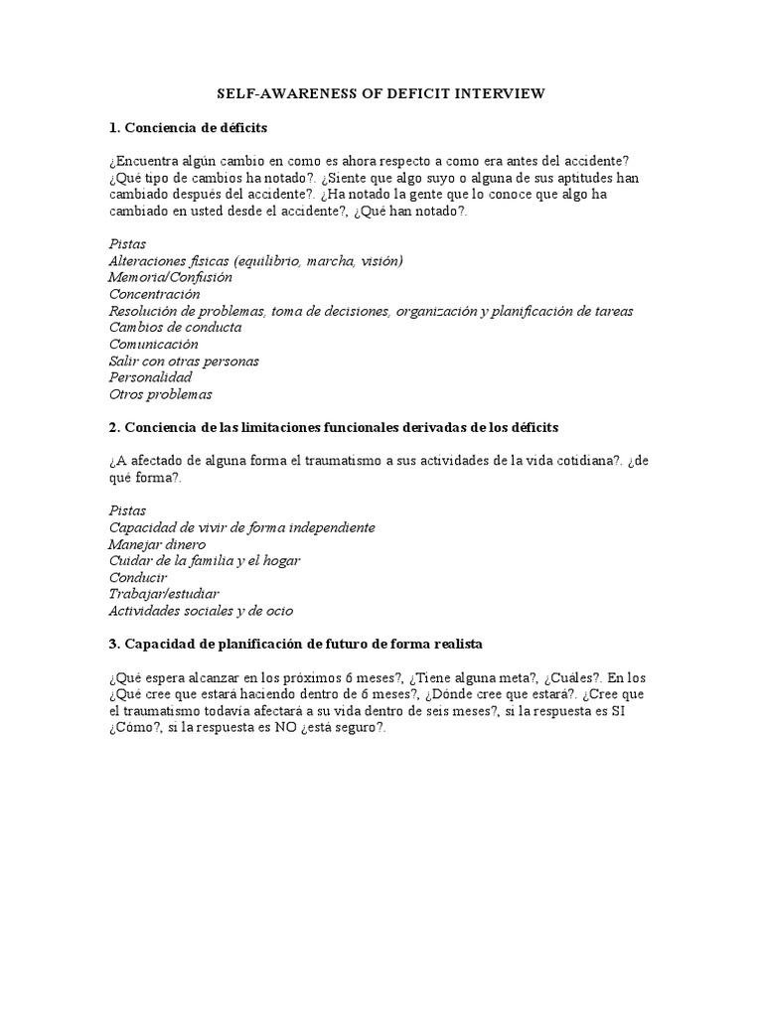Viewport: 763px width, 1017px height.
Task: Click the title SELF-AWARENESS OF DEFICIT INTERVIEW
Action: [381, 94]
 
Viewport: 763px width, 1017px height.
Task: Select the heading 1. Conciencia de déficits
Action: [187, 128]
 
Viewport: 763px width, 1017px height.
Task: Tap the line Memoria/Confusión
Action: [170, 277]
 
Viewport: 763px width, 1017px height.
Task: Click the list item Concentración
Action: [154, 294]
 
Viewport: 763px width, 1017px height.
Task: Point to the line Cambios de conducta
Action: [175, 327]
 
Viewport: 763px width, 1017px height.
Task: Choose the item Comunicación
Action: [153, 344]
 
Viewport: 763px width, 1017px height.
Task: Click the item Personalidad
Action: [150, 377]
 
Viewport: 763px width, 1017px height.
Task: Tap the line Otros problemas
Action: [160, 394]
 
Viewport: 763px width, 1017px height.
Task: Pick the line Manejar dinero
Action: [157, 544]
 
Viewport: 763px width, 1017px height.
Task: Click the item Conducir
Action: [138, 577]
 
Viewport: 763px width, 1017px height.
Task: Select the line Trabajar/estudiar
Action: [163, 594]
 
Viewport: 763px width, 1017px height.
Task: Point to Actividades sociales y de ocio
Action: [201, 611]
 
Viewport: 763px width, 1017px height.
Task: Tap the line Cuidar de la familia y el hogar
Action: [204, 560]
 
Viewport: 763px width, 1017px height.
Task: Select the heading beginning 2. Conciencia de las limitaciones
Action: [334, 427]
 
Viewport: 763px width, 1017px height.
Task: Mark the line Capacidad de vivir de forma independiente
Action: [241, 527]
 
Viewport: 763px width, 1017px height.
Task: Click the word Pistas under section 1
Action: [127, 243]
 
